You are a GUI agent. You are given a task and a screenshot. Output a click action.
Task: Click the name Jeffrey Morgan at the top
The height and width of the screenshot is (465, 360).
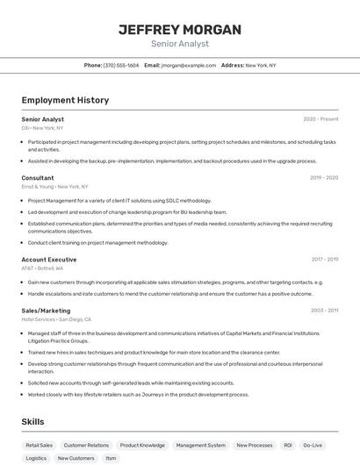click(x=179, y=30)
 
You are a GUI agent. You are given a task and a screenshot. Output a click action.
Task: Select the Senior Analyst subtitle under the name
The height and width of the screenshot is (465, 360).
click(x=179, y=43)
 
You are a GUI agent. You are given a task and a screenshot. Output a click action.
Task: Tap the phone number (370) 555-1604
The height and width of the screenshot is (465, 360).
click(x=121, y=65)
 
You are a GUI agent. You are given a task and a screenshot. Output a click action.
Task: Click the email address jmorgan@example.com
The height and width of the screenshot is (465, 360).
click(x=189, y=65)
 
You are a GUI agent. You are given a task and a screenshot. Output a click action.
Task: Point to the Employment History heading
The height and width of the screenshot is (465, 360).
click(x=65, y=100)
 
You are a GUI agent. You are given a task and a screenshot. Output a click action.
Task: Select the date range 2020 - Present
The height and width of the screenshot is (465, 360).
click(x=320, y=118)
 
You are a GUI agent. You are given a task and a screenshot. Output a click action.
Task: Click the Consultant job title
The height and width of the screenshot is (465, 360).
click(x=38, y=177)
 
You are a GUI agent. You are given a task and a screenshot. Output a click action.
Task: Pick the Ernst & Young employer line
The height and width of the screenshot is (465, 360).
click(x=54, y=186)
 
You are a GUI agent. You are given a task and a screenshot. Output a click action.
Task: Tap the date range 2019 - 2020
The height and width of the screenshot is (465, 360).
click(x=324, y=177)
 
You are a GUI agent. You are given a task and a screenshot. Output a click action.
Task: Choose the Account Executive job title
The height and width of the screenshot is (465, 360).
click(x=49, y=259)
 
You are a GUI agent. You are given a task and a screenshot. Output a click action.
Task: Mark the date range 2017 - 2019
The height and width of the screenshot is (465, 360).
click(x=325, y=259)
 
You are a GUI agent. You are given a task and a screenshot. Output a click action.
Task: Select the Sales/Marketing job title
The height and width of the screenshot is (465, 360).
click(x=46, y=310)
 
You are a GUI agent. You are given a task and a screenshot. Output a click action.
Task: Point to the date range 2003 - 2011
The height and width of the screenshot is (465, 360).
click(x=324, y=310)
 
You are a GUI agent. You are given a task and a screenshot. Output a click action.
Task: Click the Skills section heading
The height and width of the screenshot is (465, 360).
click(x=33, y=422)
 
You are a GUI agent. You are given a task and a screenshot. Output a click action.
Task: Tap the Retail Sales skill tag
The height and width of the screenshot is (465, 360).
click(x=40, y=446)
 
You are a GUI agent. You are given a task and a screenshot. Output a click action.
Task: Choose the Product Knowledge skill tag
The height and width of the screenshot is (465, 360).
click(x=142, y=446)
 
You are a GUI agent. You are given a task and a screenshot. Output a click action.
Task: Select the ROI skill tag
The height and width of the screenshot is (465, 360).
click(x=285, y=446)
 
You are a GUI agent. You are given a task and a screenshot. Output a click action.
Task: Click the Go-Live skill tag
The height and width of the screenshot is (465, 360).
click(x=313, y=446)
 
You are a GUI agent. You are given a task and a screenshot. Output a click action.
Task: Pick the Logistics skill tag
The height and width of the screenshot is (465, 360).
click(x=36, y=458)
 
